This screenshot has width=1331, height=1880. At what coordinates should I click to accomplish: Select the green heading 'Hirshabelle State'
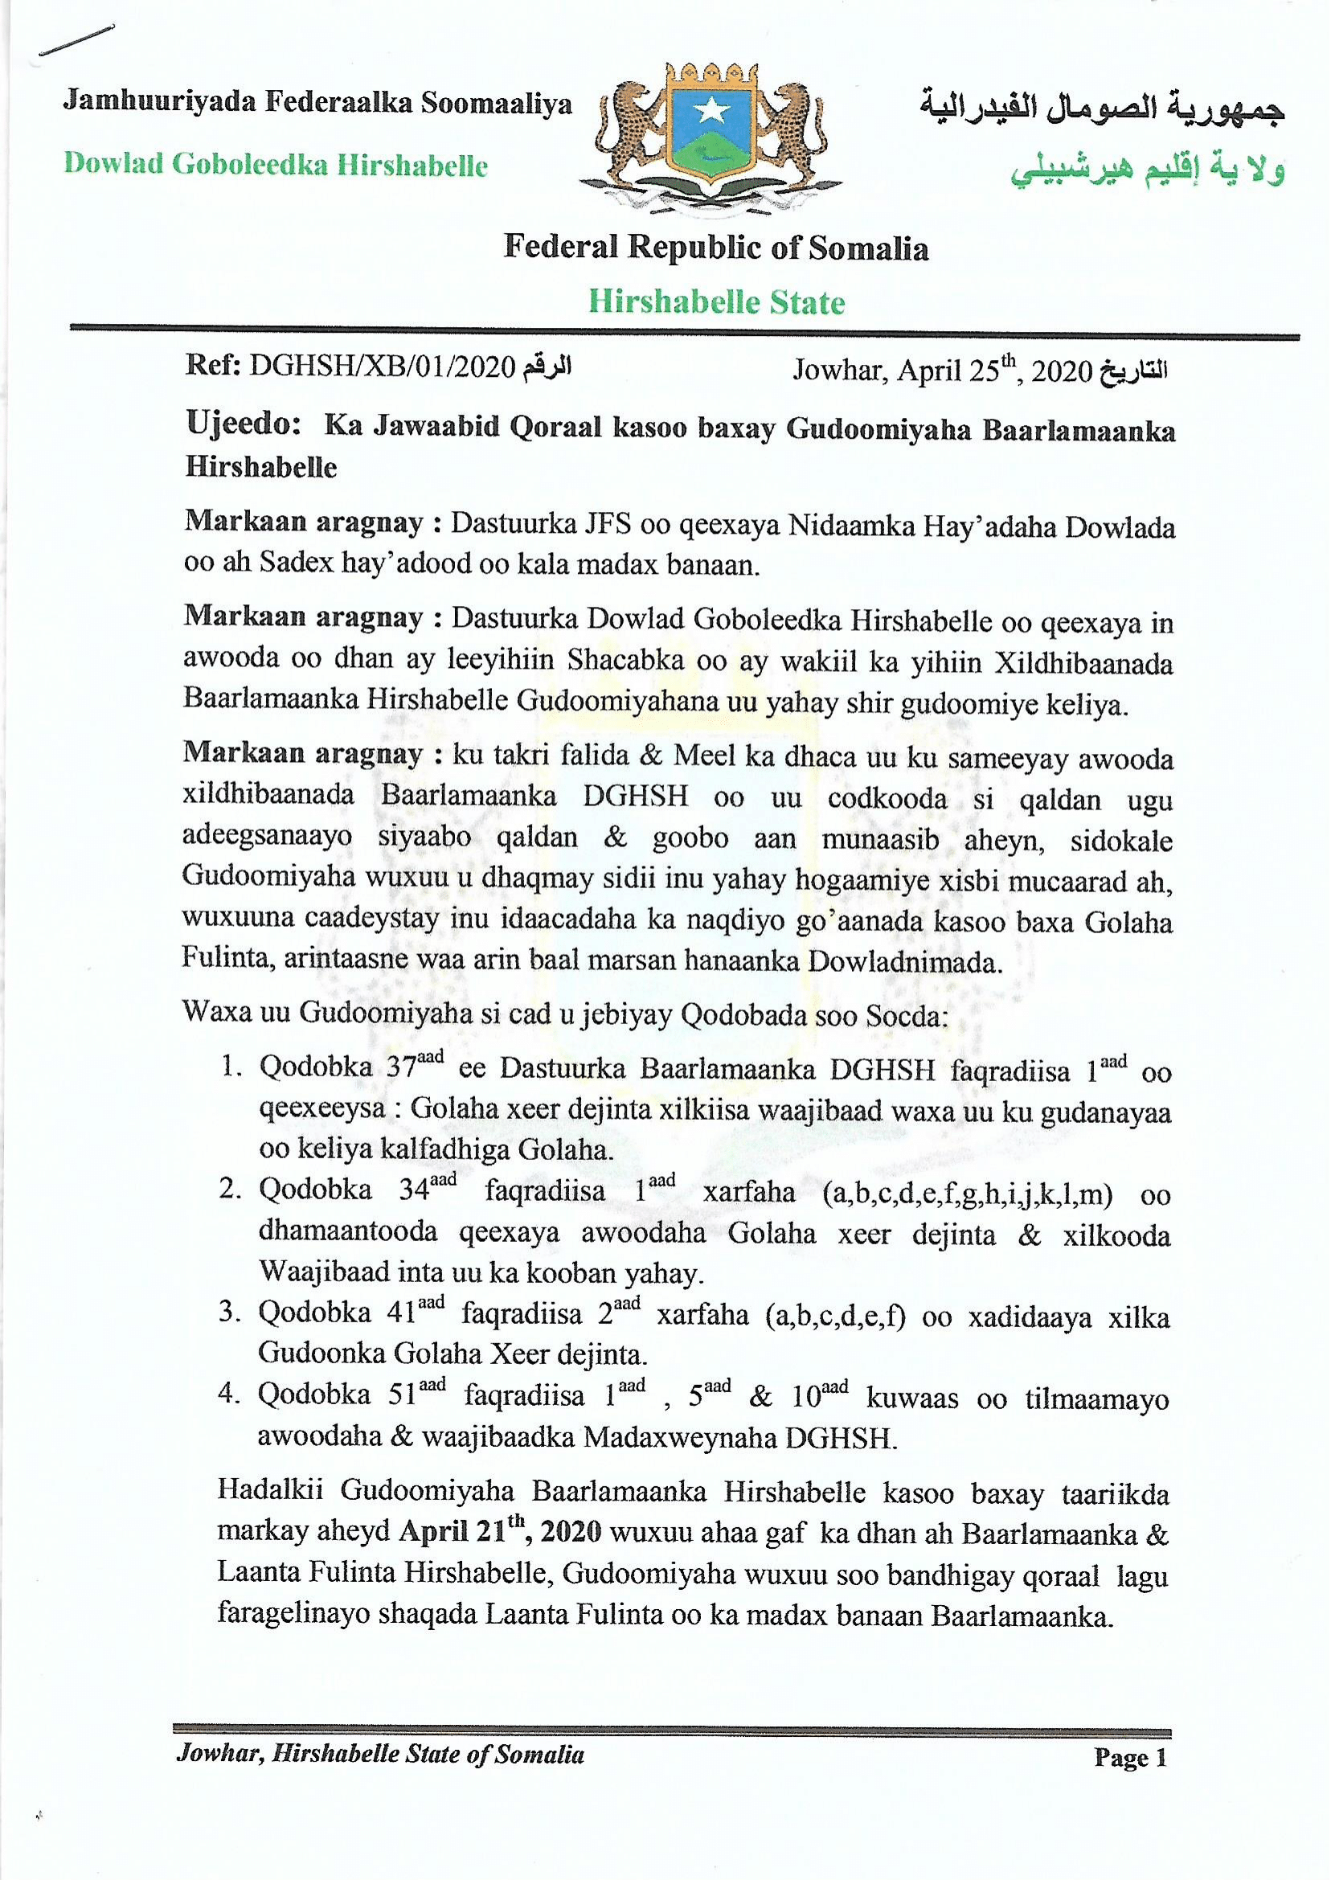(x=716, y=302)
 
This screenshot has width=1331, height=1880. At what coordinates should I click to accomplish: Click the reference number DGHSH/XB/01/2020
(x=381, y=367)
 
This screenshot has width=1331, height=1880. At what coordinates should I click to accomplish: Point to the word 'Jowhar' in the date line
(x=839, y=372)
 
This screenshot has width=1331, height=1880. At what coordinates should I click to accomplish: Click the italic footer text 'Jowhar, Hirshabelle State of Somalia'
(x=379, y=1755)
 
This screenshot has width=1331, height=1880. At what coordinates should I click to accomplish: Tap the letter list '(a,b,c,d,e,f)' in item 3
(x=833, y=1315)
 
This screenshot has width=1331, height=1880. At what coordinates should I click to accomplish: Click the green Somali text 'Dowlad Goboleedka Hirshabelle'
(x=276, y=165)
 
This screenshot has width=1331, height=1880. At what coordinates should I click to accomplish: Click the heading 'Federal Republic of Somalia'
(x=715, y=248)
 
